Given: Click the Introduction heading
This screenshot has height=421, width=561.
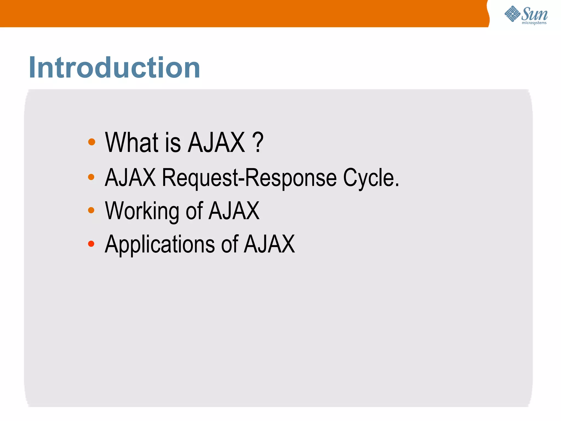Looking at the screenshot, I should tap(115, 68).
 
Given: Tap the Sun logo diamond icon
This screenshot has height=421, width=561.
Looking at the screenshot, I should tap(512, 14).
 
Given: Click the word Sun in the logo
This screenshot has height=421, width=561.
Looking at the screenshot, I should tap(534, 14).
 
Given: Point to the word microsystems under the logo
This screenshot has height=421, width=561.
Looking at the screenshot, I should tap(534, 23).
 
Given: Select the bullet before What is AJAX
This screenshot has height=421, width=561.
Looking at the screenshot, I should tap(91, 142).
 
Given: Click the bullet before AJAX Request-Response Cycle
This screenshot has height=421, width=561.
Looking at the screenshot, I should tap(91, 177).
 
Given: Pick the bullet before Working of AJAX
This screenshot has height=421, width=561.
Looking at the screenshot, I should tap(91, 210).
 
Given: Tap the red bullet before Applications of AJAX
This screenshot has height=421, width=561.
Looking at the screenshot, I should tap(91, 244).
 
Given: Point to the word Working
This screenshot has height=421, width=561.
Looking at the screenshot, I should tap(142, 211).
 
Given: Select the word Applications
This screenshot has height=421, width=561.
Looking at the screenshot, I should tap(160, 244).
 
